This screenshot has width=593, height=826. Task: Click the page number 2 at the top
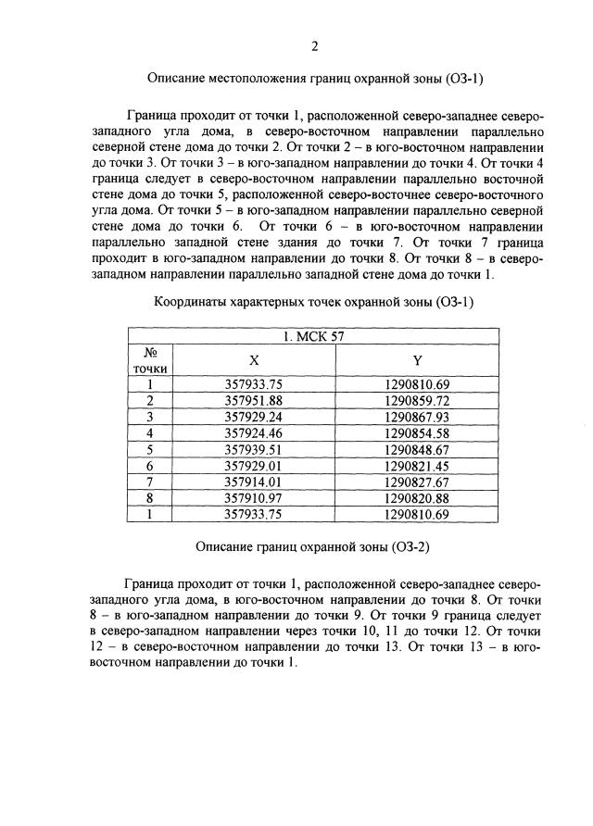315,46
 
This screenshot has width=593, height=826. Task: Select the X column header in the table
253,360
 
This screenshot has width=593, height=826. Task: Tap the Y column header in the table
417,360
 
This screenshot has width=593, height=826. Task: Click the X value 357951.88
253,400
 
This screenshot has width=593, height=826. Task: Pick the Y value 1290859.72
417,400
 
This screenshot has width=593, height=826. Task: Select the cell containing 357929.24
253,417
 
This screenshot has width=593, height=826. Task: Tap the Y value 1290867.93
417,417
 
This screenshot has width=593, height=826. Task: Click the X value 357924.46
253,432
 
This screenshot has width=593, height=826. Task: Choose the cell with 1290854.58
417,432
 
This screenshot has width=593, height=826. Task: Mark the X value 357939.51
253,449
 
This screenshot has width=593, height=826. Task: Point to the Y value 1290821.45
417,466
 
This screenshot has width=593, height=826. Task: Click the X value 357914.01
253,482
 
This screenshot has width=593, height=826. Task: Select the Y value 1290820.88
417,498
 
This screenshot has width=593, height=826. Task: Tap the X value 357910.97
253,498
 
